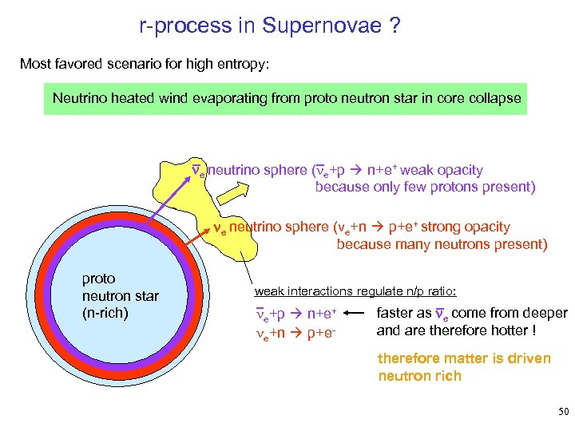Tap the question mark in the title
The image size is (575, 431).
(x=395, y=27)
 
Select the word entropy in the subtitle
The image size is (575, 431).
(x=245, y=63)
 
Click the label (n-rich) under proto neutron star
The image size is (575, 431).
(x=105, y=313)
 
